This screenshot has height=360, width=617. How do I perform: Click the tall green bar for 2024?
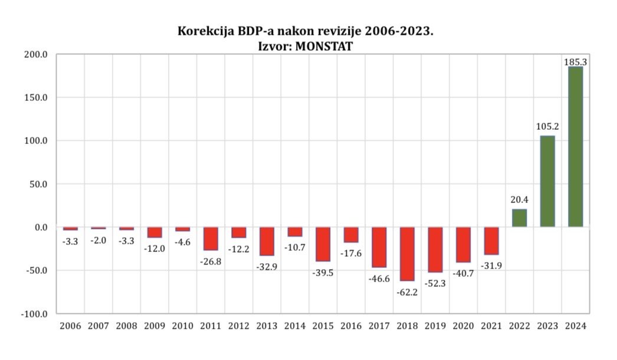click(x=575, y=147)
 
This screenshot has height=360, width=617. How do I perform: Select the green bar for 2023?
click(x=547, y=181)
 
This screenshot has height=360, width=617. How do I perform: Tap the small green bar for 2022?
click(x=519, y=218)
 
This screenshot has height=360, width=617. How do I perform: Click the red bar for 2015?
click(x=323, y=244)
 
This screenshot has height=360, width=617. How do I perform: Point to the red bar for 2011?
click(x=211, y=238)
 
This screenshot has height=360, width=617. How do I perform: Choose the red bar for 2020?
click(x=463, y=244)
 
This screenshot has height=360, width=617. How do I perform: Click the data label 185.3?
click(x=575, y=61)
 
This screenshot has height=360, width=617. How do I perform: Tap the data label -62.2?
click(x=407, y=291)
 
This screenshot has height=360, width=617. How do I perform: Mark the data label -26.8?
click(x=211, y=261)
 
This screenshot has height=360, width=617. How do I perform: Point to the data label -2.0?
click(x=99, y=240)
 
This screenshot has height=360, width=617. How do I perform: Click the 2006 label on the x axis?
click(x=70, y=326)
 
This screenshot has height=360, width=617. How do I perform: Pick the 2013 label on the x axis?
click(x=267, y=326)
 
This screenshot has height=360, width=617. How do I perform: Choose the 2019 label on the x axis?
click(x=435, y=326)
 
